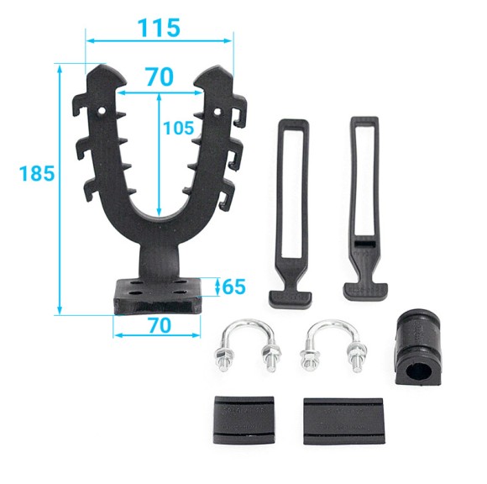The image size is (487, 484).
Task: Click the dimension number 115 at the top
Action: click(x=159, y=28)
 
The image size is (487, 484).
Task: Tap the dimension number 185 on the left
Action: click(x=37, y=173)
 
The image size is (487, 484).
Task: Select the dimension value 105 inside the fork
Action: click(x=178, y=128)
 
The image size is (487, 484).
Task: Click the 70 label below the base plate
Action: click(x=160, y=325)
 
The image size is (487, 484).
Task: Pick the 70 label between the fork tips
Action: click(x=160, y=76)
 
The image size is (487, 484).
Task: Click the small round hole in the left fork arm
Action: click(x=101, y=111)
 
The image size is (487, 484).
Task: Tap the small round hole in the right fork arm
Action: click(x=217, y=111)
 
